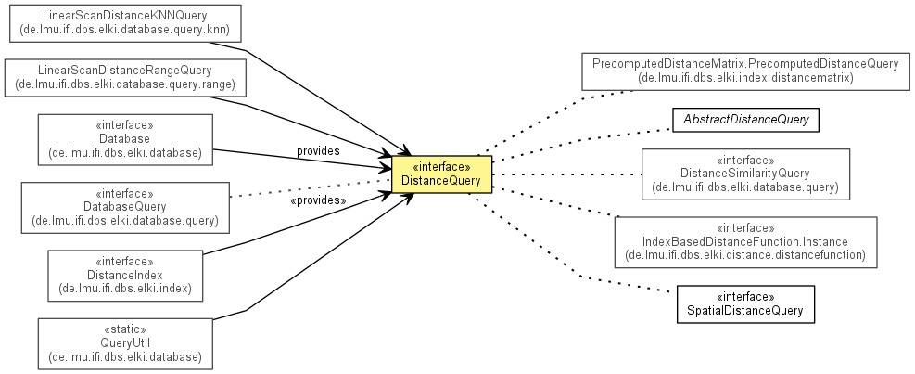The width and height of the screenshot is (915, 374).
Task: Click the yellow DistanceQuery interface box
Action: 441,174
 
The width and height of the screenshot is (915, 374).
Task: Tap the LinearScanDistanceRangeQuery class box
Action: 125,78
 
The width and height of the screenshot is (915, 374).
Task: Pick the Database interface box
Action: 124,139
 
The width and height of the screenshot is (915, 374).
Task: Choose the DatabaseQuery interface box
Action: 124,206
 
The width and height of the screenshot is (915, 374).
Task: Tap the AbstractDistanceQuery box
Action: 745,120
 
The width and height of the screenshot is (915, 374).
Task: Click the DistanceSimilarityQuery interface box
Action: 745,174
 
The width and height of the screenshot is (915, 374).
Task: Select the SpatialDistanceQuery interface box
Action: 745,303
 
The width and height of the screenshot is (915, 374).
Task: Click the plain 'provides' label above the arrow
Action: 318,150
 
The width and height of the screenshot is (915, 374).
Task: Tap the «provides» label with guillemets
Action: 318,200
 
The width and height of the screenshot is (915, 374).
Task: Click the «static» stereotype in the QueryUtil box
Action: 124,329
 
